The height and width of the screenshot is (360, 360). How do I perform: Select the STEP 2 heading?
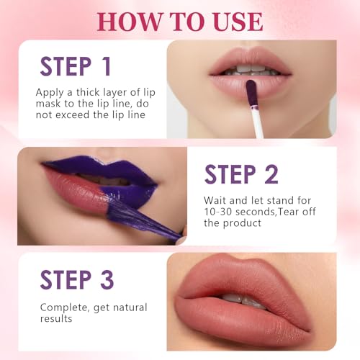[x=240, y=174]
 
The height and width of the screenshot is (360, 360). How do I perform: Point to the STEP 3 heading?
[x=76, y=279]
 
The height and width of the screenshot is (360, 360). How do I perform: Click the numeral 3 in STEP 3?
[x=106, y=279]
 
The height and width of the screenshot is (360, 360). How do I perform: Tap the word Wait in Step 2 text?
[x=217, y=199]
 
